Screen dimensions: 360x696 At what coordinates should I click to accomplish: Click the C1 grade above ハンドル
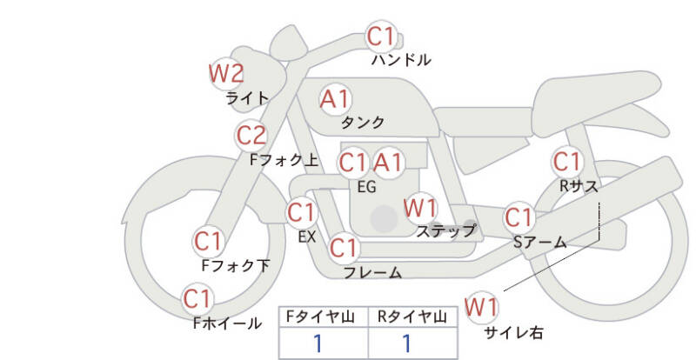click(x=380, y=37)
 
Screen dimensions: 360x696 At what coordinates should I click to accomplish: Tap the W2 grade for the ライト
click(x=226, y=73)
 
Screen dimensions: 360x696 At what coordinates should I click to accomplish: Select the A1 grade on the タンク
click(x=336, y=99)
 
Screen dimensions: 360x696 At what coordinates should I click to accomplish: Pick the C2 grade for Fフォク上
click(x=251, y=136)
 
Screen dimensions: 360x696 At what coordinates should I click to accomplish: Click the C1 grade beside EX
click(x=301, y=211)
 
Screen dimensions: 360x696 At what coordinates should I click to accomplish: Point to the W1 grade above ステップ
click(x=421, y=208)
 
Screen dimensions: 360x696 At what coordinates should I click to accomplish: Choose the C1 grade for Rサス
click(x=567, y=162)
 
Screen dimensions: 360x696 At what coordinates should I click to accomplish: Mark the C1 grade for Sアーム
click(x=519, y=217)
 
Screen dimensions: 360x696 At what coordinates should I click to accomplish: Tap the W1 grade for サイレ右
click(x=481, y=307)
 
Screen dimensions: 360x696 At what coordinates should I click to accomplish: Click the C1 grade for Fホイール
click(x=197, y=300)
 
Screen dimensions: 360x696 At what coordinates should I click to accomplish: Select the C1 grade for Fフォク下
click(x=209, y=241)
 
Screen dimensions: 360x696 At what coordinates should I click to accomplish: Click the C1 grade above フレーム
click(x=344, y=248)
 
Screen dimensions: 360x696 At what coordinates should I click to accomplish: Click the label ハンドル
click(x=401, y=60)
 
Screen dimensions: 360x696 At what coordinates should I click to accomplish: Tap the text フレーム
click(x=372, y=272)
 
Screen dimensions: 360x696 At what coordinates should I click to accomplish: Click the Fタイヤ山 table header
click(x=323, y=317)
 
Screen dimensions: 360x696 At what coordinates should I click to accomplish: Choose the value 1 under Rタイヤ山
click(x=405, y=343)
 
